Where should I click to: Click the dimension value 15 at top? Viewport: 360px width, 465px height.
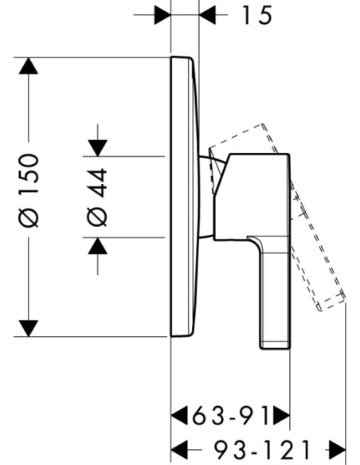pos(256,15)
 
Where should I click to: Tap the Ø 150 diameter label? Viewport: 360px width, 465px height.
pos(29,190)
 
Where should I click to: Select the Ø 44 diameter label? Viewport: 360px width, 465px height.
pos(97,197)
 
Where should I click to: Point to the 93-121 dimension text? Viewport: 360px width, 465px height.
pos(262,450)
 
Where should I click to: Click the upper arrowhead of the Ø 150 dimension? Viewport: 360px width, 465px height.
pos(29,66)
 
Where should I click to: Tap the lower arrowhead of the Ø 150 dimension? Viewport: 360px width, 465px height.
pos(29,328)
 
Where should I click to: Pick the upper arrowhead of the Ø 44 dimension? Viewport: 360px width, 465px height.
pos(97,147)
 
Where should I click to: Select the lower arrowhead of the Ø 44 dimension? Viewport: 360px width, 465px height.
pos(97,246)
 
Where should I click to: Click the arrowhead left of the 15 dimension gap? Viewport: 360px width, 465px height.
pos(162,14)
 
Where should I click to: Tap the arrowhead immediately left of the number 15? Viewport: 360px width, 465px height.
pos(208,14)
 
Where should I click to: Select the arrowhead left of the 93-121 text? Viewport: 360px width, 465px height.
pos(180,450)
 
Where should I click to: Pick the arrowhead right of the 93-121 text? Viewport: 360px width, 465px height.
pos(338,450)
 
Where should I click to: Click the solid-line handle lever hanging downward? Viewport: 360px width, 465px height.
pos(274,292)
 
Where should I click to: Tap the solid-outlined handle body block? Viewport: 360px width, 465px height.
pos(252,197)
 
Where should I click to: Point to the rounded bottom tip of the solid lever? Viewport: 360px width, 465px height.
pos(275,348)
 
